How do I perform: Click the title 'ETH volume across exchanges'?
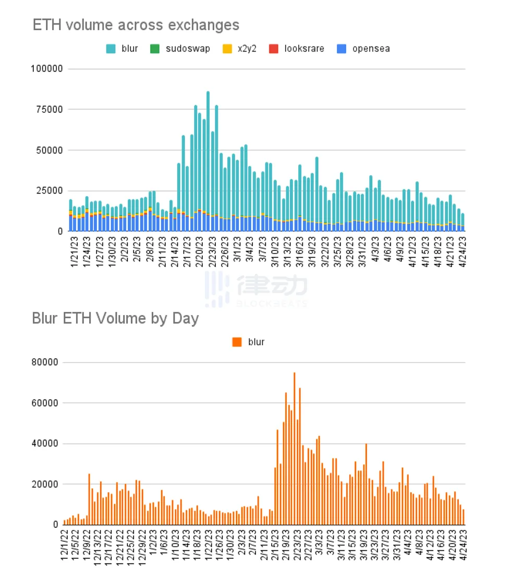[x=136, y=25]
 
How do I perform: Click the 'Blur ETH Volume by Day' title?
[x=115, y=318]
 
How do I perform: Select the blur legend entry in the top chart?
[x=123, y=49]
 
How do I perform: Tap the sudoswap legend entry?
[x=181, y=49]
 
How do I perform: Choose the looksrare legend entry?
[x=298, y=49]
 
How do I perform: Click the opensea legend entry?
[x=364, y=49]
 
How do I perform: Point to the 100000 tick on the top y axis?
[x=48, y=69]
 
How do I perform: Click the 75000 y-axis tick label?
[x=51, y=110]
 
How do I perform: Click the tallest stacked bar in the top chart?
[x=208, y=162]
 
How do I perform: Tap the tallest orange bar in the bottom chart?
[x=294, y=449]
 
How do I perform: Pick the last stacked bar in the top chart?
[x=462, y=222]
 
